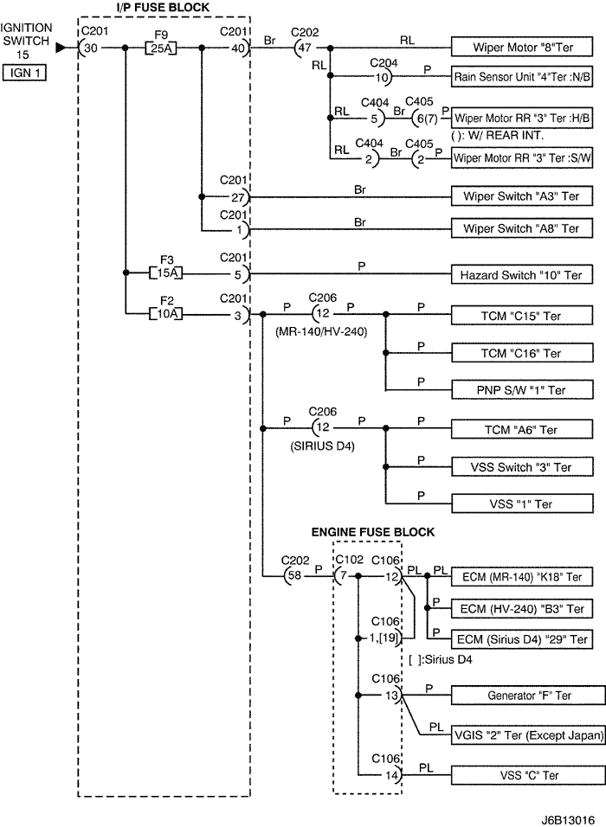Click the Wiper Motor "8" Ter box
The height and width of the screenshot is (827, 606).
tap(522, 48)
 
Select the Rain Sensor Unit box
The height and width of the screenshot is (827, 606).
tap(522, 76)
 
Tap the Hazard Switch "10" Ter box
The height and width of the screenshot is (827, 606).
tap(522, 275)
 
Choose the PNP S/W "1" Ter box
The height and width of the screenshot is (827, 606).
tap(522, 390)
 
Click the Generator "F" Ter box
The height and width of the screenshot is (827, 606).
tap(522, 695)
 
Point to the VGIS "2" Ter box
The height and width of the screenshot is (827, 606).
tap(522, 736)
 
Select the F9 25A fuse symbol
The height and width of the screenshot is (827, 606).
tap(159, 48)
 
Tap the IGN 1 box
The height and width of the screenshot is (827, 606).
tap(24, 74)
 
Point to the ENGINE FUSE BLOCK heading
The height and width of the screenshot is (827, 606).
tap(372, 532)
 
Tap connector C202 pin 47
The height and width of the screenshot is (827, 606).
tap(302, 48)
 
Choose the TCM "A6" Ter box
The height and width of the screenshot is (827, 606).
tap(522, 430)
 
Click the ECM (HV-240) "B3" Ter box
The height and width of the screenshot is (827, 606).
tap(522, 609)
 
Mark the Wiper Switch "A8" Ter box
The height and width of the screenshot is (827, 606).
tap(522, 229)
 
